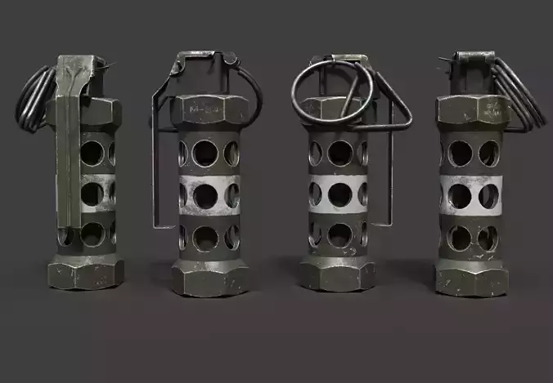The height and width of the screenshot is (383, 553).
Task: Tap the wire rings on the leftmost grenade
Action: [x=34, y=98]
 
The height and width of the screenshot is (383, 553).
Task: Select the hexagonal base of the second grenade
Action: [x=209, y=278]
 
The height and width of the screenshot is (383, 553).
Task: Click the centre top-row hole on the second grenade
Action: [x=205, y=153]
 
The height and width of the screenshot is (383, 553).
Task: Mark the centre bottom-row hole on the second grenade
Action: [x=205, y=237]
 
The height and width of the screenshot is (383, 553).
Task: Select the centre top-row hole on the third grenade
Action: [x=339, y=153]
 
